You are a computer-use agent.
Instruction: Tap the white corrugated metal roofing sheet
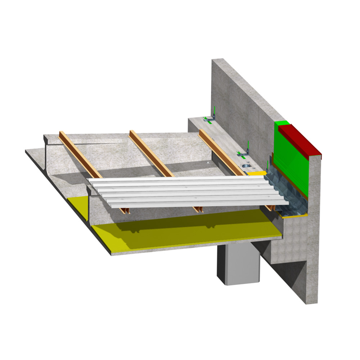pyautogui.click(x=187, y=193)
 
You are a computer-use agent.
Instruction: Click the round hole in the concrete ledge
pyautogui.click(x=246, y=166)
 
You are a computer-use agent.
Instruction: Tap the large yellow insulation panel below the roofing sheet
pyautogui.click(x=180, y=230)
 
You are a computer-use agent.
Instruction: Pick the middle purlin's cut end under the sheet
pyautogui.click(x=197, y=209)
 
